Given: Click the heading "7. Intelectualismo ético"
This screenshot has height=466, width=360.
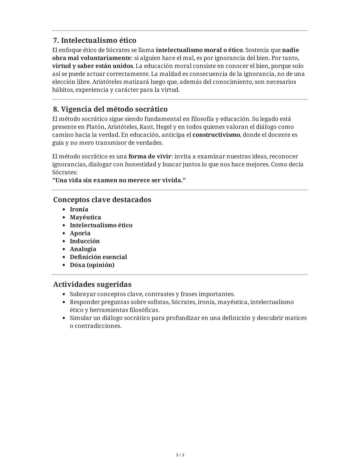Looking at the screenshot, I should (95, 40).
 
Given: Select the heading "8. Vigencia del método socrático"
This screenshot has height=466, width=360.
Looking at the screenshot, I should (110, 109).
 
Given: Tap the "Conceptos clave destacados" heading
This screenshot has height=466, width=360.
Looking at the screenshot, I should (102, 199).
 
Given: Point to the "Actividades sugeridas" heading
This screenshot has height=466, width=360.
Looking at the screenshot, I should (92, 284).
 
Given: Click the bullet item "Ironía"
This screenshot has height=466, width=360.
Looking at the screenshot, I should (79, 209).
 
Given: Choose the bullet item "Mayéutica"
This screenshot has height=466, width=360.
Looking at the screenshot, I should (85, 217).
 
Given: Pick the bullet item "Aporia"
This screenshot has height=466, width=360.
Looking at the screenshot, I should (80, 233).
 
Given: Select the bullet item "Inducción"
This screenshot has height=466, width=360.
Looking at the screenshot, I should (85, 241).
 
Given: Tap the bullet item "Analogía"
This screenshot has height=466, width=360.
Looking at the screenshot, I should (83, 249).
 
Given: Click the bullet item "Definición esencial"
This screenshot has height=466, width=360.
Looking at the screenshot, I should (98, 257).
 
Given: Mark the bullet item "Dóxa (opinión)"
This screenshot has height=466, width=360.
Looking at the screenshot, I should (92, 265).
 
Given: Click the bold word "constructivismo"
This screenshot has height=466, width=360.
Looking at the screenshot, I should (216, 135).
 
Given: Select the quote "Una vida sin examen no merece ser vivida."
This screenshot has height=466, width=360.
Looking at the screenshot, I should (119, 180).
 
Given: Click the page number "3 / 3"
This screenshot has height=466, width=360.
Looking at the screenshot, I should (180, 455).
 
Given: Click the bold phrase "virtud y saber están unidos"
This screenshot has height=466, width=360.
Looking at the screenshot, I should (93, 66).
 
